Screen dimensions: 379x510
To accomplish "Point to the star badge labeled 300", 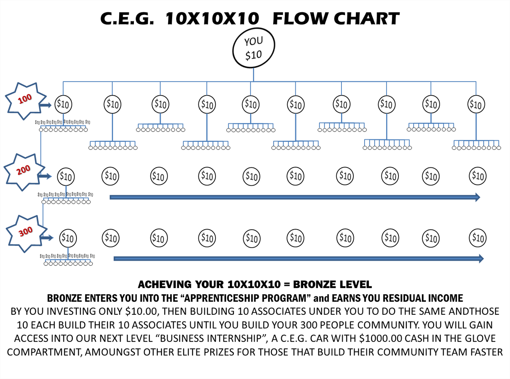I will click(25, 233).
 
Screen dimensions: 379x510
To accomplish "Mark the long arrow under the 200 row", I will click(295, 197).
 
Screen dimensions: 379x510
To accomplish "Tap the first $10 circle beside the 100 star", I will click(63, 105).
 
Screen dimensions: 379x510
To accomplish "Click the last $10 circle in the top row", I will click(476, 105).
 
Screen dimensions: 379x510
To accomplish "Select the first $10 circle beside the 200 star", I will click(66, 175).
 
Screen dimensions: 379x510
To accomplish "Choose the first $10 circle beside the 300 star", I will click(68, 238).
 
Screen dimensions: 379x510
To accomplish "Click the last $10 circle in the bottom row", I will click(477, 238).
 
